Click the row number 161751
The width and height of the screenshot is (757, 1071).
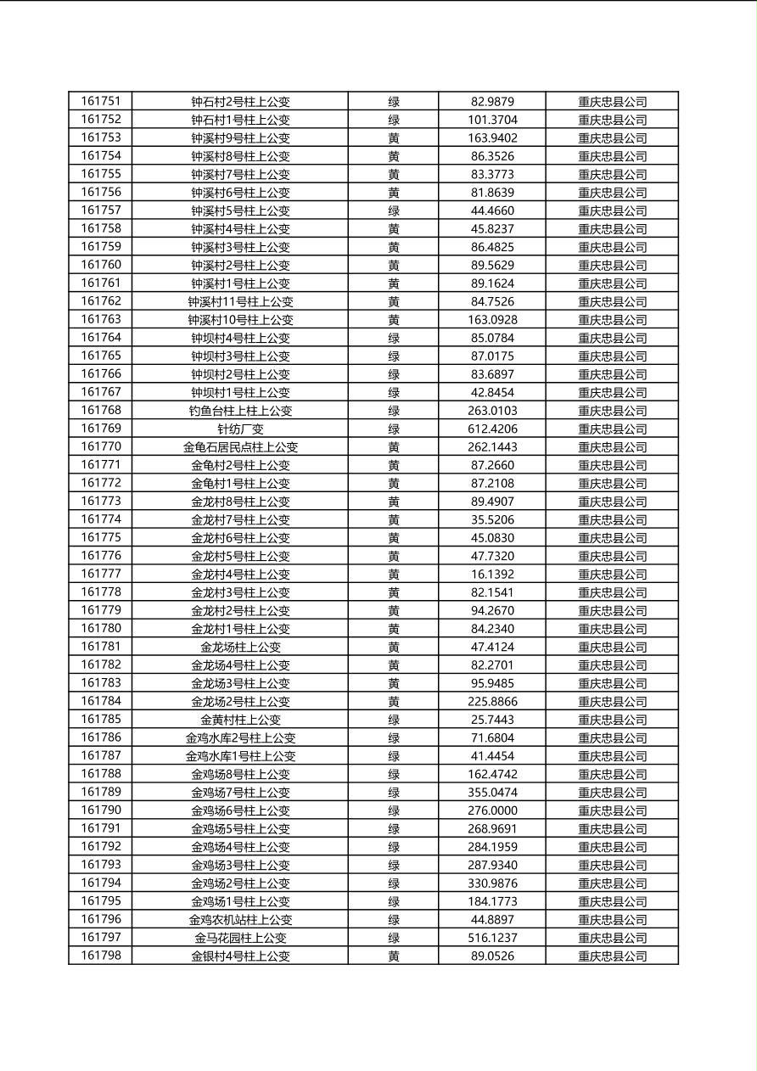pos(100,101)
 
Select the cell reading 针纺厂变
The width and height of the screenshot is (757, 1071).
pos(240,429)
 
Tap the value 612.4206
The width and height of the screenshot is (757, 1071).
pos(492,429)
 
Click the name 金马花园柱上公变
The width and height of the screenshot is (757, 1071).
pos(240,938)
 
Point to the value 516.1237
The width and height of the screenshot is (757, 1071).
pos(492,938)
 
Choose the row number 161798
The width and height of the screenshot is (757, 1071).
pos(100,956)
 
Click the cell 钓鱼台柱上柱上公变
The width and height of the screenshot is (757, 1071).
pos(240,411)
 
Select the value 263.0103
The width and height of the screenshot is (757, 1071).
pos(492,411)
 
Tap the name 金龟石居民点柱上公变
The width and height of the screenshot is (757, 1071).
pos(240,447)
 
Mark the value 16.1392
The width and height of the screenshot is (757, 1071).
pos(492,575)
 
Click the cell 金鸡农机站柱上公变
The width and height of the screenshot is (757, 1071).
pos(240,920)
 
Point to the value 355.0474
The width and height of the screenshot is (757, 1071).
pos(492,793)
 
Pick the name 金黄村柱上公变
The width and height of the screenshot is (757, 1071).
pos(240,720)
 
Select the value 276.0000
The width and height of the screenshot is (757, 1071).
pos(492,810)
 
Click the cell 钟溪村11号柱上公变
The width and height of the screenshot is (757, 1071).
pos(240,301)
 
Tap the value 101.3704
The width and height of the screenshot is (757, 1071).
pos(492,120)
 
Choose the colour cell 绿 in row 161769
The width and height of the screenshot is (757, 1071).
pos(394,429)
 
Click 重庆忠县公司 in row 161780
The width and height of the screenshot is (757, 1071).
pos(612,629)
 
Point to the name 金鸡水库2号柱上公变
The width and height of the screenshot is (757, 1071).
pos(240,738)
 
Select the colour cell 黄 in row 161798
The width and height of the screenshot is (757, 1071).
pos(394,956)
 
